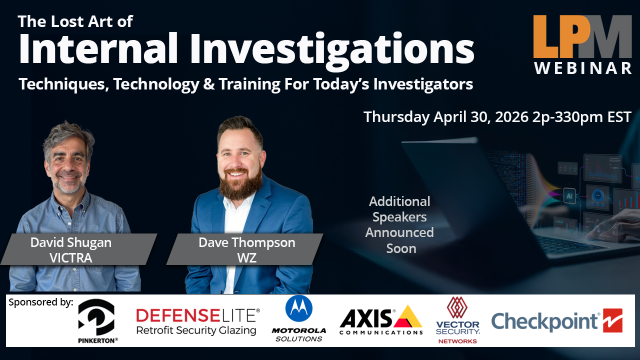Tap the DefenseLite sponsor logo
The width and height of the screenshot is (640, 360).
197,321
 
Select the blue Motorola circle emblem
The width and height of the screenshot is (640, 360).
299,308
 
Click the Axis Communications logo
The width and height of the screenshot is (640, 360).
381,320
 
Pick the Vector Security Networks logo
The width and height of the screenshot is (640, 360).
457,320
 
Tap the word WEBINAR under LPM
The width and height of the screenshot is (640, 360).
583,68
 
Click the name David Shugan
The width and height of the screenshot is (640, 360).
71,242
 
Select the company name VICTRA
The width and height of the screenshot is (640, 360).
71,258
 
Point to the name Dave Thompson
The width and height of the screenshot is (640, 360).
247,242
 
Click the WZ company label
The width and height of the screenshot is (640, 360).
247,258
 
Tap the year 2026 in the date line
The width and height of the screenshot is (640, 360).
511,117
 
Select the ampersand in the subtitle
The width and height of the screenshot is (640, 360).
209,84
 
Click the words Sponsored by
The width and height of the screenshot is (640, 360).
41,302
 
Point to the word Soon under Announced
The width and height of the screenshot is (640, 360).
401,248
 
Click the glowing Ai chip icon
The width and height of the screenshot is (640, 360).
569,195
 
